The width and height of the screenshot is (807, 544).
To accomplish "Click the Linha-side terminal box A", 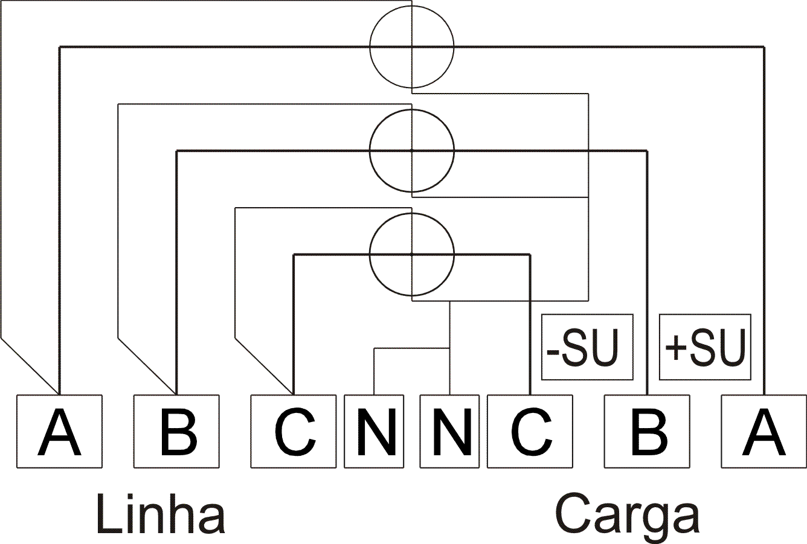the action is (59, 431).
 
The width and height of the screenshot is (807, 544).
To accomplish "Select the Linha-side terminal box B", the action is (176, 431).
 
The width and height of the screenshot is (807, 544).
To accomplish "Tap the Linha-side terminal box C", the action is (294, 431).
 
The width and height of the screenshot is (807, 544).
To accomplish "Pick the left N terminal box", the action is (374, 431).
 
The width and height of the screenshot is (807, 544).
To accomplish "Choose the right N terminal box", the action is (449, 431).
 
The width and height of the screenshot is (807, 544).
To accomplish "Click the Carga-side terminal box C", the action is (530, 431).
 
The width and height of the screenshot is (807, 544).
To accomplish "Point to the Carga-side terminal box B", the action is (647, 431).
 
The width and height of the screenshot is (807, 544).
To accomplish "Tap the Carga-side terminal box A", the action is (764, 431).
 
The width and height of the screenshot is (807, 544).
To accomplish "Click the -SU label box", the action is (587, 347).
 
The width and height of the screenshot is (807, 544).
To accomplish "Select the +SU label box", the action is (705, 347).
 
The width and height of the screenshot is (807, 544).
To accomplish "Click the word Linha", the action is (161, 516).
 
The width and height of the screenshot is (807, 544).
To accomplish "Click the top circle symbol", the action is (370, 47).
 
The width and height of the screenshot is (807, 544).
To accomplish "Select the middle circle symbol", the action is (370, 150).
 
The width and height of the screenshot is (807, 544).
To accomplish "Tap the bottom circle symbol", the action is (370, 254).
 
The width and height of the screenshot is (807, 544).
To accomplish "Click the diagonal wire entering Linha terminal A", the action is (30, 366).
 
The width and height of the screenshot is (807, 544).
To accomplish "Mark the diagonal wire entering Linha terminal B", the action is (147, 366).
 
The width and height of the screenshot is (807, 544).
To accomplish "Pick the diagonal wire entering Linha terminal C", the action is (264, 366).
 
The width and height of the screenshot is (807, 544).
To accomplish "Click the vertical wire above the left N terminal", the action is (374, 371).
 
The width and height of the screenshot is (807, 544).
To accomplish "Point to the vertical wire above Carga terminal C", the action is (530, 325).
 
